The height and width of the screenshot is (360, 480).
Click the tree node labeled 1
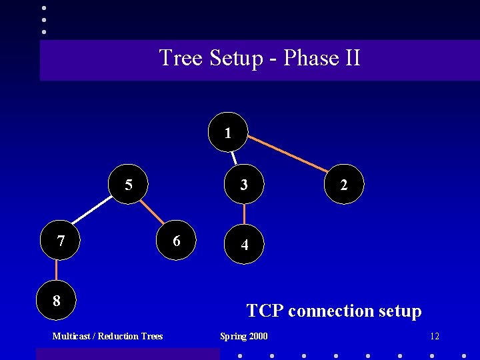point(228,132)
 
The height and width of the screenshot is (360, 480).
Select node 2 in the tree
point(343,185)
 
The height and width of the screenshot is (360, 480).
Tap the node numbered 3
point(244,185)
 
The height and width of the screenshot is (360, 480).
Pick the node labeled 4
point(245,245)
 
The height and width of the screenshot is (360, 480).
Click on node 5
point(129,185)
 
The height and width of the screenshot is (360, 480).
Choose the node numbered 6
point(176,241)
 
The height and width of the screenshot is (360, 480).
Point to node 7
point(61,241)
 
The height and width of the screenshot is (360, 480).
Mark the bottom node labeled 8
point(57,301)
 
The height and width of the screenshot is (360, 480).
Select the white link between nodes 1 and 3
point(235,158)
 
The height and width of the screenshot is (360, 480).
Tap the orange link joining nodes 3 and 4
point(245,215)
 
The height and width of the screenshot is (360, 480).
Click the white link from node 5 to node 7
point(92,211)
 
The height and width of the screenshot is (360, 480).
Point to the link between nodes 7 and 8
point(57,271)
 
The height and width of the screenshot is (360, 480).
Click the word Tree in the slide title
point(182,58)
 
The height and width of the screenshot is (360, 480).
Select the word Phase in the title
point(311,58)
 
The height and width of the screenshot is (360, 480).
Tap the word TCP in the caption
point(265,311)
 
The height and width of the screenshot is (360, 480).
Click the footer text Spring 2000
point(244,336)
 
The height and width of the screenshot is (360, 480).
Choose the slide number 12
point(435,336)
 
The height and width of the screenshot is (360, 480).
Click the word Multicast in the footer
point(72,336)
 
